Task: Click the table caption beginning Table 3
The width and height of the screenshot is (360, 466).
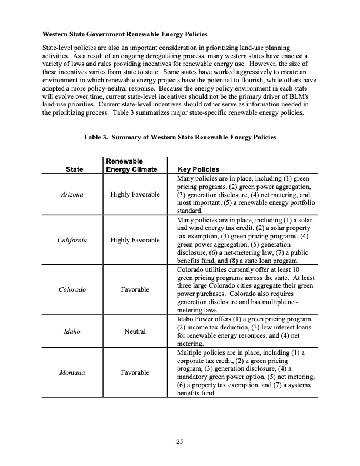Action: pyautogui.click(x=179, y=137)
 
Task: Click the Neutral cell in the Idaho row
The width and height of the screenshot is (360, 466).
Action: pyautogui.click(x=135, y=332)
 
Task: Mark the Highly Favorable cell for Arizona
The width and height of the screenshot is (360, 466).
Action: pyautogui.click(x=135, y=194)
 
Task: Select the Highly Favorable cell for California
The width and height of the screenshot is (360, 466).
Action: pyautogui.click(x=135, y=240)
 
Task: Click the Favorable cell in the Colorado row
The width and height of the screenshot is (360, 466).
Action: pyautogui.click(x=135, y=289)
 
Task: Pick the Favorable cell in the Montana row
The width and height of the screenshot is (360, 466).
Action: pyautogui.click(x=135, y=372)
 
